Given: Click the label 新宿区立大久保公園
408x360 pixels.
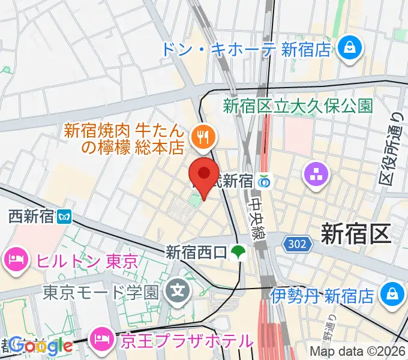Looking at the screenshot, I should [298, 107].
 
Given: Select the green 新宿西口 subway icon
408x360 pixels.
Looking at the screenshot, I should [239, 252].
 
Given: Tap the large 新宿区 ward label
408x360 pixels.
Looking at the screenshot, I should [356, 233].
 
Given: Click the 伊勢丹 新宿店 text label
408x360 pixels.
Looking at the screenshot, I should [322, 295].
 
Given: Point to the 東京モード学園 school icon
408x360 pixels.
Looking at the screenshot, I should [178, 292].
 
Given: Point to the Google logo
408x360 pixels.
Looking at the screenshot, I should [40, 346].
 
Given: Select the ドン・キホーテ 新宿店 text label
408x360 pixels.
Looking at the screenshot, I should [246, 49].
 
